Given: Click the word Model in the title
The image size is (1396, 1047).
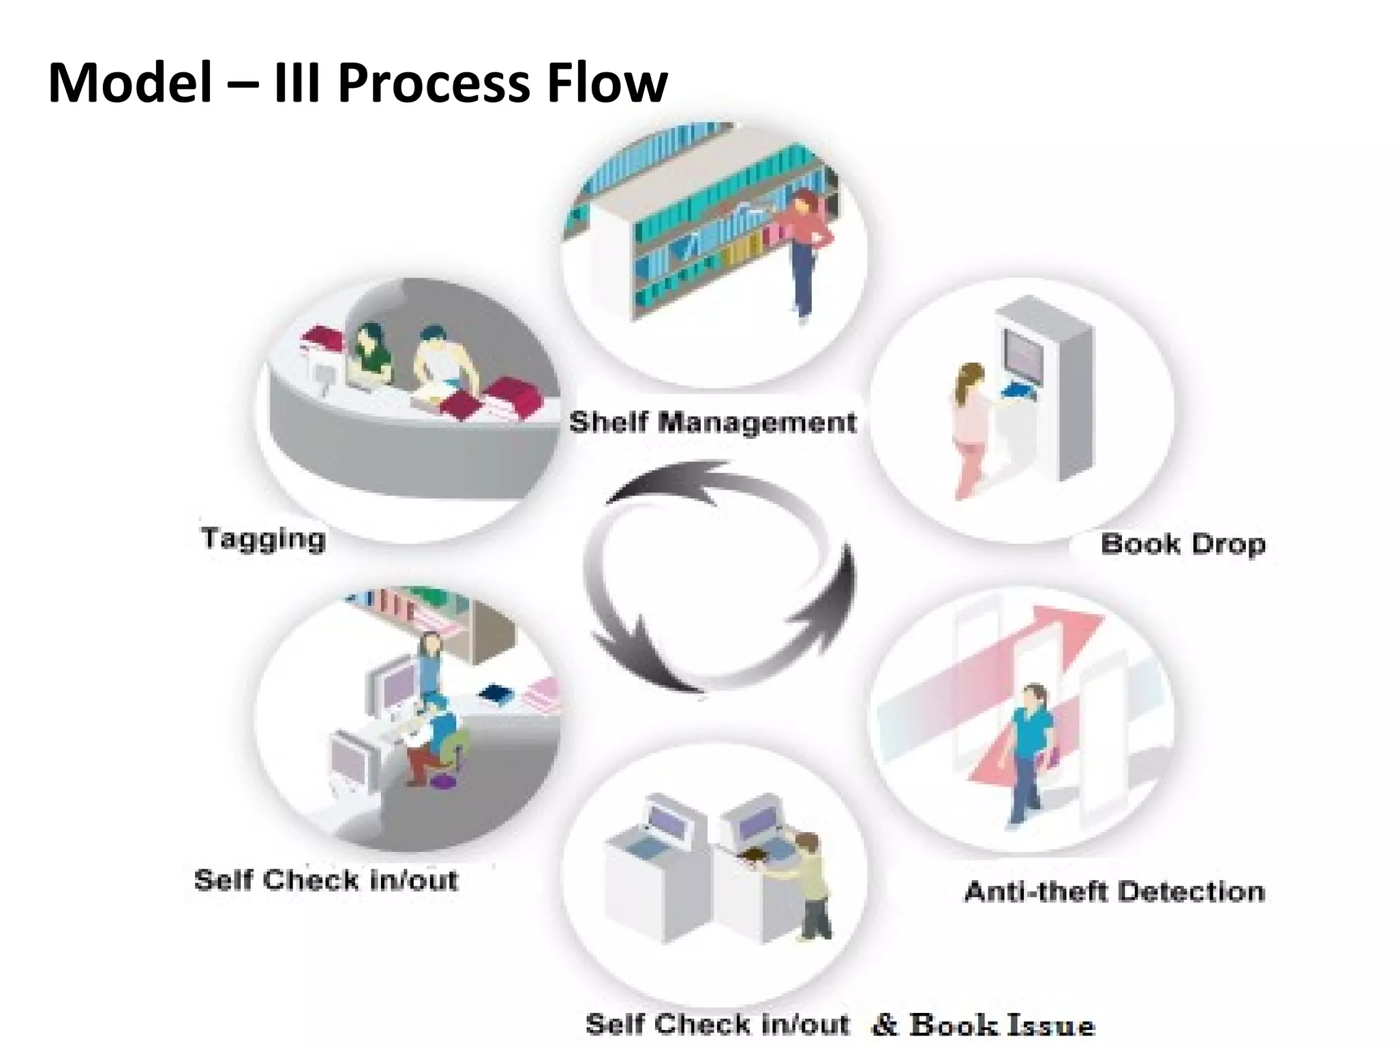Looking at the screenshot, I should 130,83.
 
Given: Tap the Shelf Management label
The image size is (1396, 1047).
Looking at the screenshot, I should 712,422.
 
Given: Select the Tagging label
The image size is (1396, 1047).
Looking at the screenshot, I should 264,538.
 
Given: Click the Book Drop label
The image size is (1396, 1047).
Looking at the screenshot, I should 1183,544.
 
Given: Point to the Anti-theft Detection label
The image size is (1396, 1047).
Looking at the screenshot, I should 1114,891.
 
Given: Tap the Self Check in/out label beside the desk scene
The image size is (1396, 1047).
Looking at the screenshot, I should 326,880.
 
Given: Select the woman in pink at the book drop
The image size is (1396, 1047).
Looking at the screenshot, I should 969,429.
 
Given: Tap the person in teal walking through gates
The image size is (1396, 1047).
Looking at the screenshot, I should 1029,750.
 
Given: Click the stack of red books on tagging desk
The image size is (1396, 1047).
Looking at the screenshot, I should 515,399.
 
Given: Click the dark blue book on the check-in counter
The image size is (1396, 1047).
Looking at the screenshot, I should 496,695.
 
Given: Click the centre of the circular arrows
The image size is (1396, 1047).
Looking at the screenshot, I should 719,576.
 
